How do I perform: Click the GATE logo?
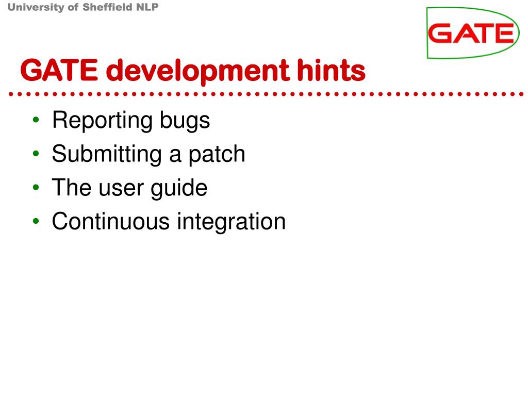[x=473, y=33]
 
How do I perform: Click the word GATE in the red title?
[x=58, y=71]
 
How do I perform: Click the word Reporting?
[x=102, y=121]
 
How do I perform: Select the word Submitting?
[x=106, y=154]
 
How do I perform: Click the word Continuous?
[x=111, y=221]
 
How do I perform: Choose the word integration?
[x=231, y=221]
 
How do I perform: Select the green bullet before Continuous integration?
[x=36, y=222]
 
